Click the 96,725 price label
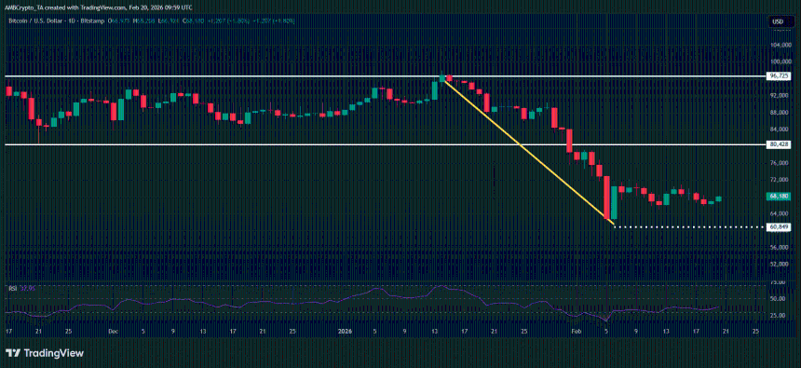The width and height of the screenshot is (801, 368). (x=779, y=75)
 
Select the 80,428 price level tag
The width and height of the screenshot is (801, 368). (x=779, y=144)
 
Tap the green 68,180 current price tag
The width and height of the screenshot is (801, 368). (x=779, y=197)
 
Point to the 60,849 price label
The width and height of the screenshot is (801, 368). (x=779, y=226)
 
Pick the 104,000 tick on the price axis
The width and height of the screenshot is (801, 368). (x=780, y=45)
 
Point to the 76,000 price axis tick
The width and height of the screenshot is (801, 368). (x=780, y=162)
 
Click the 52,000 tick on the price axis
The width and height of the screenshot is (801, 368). (x=780, y=265)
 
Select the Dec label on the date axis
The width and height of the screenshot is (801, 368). (x=113, y=330)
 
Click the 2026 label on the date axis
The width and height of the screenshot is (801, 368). (x=345, y=330)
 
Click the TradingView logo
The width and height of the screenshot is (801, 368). (x=45, y=353)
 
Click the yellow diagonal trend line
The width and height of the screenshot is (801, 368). (x=527, y=149)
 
